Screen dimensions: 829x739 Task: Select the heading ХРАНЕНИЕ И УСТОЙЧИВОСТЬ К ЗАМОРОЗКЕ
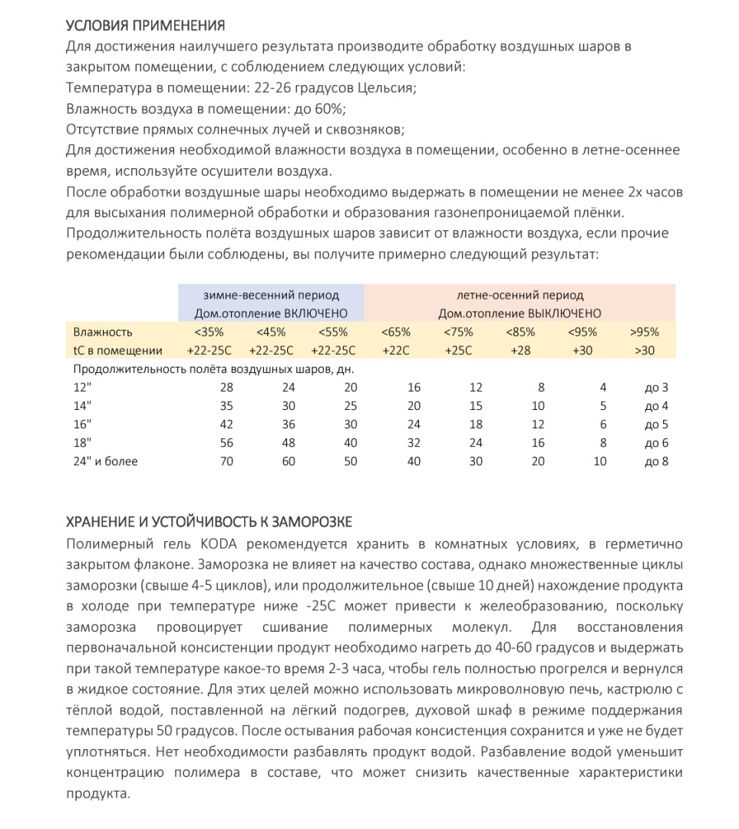pos(209,522)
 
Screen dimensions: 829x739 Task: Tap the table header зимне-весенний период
pos(271,295)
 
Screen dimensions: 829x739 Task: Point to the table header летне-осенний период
pos(520,295)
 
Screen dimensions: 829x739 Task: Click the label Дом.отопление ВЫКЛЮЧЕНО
pos(520,313)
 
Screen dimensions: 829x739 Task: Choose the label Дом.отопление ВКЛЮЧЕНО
pos(271,313)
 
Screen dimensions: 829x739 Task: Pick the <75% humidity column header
pos(458,332)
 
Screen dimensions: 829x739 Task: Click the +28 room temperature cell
pos(521,351)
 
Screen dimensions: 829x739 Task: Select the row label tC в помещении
pos(118,351)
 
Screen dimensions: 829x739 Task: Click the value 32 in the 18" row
pos(414,443)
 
